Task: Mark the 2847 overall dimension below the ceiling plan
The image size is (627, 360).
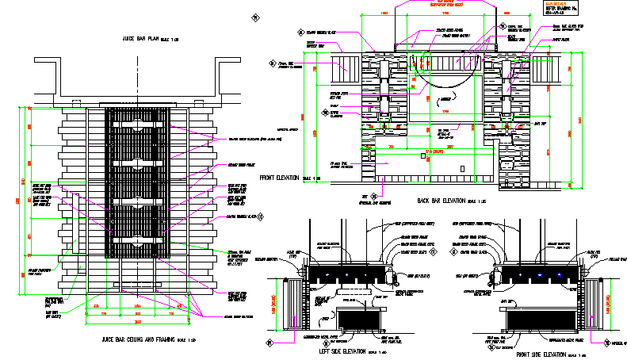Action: [138, 323]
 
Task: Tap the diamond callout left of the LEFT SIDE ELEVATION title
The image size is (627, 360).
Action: [270, 343]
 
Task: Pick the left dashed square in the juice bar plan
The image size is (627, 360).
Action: [76, 103]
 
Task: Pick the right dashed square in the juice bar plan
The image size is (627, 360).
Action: [198, 103]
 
